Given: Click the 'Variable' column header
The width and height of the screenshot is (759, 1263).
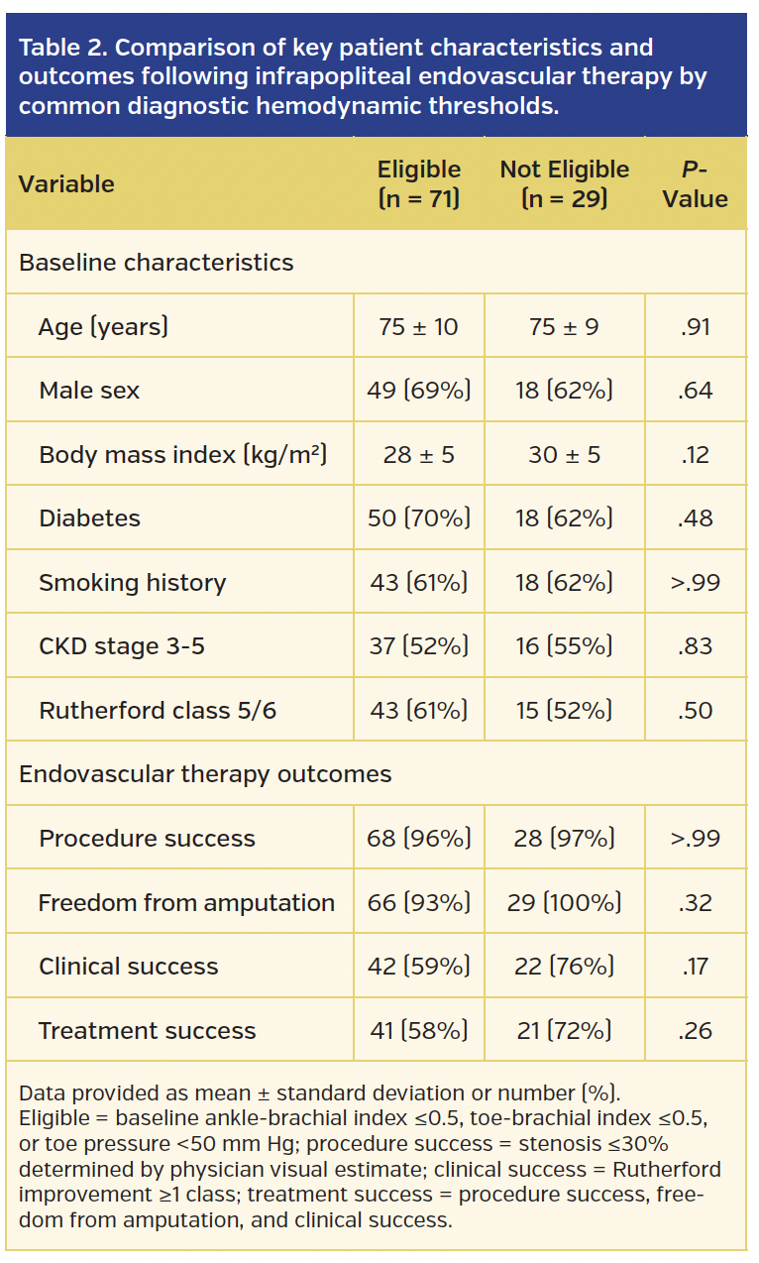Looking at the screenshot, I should tap(66, 184).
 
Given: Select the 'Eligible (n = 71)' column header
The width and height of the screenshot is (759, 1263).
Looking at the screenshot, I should tap(418, 184).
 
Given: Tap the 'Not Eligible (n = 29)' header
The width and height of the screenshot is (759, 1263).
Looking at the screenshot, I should tap(564, 184).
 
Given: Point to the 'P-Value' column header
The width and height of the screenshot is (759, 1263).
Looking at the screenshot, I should tap(695, 184).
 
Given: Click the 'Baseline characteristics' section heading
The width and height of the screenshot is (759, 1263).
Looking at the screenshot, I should tap(156, 263).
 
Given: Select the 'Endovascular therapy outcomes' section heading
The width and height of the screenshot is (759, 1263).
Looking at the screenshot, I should tap(205, 774).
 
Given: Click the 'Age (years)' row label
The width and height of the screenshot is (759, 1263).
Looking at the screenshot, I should tap(103, 326).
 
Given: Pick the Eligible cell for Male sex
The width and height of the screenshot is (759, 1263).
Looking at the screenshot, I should tap(418, 391).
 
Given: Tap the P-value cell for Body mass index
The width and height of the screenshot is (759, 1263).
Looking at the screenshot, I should tap(695, 455).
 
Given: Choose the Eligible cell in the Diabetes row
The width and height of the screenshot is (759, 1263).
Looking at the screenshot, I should tap(418, 518).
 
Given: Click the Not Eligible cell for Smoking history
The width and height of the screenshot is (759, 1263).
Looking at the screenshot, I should tap(564, 583).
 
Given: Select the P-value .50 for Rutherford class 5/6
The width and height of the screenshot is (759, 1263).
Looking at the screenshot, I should tap(695, 711).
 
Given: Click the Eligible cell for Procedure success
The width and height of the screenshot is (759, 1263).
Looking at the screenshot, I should tap(418, 839).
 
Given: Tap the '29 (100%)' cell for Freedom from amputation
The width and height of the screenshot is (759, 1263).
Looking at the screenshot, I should tap(564, 903).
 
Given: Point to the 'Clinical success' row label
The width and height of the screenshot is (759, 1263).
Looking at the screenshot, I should tap(128, 967).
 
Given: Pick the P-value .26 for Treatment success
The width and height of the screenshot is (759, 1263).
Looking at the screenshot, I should tap(695, 1031).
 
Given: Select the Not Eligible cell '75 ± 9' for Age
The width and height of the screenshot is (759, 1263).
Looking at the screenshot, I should tap(564, 326).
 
